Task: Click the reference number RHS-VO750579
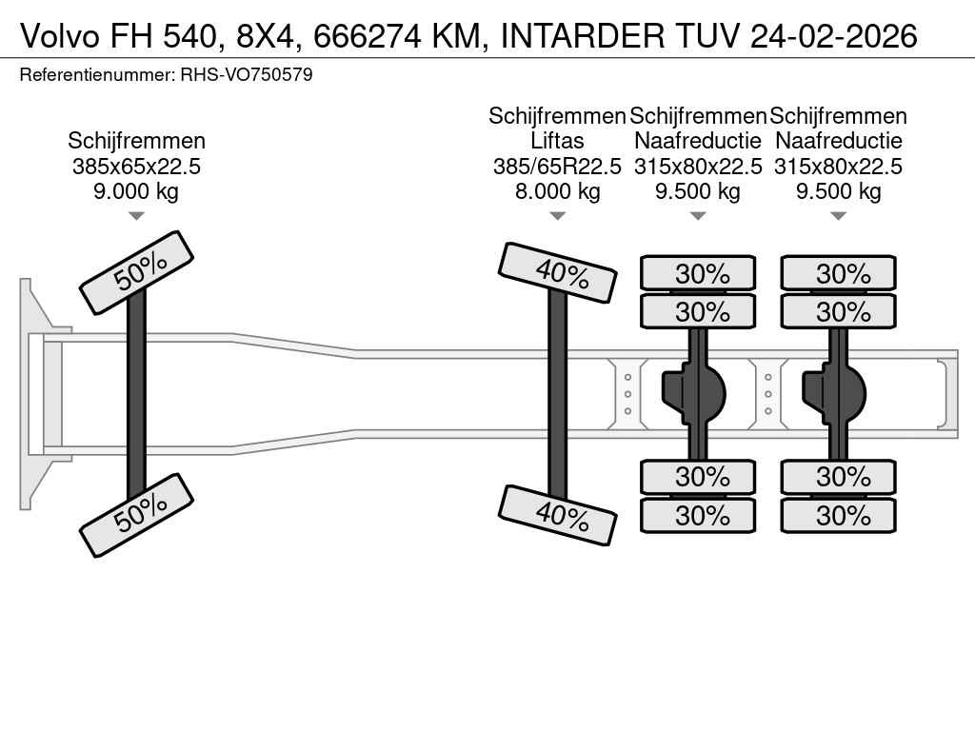[x=246, y=74]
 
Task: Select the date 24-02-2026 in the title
[x=833, y=35]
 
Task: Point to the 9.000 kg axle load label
[x=136, y=191]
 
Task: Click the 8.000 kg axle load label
[x=557, y=191]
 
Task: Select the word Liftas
[x=557, y=141]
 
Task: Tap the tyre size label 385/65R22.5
[x=557, y=167]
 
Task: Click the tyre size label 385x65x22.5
[x=136, y=167]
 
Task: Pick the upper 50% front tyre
[x=136, y=272]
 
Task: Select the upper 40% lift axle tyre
[x=557, y=272]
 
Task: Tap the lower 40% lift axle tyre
[x=557, y=514]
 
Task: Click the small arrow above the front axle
[x=136, y=216]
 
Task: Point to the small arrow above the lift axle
[x=557, y=216]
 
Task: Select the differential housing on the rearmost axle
[x=838, y=390]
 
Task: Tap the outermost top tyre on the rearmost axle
[x=838, y=273]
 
